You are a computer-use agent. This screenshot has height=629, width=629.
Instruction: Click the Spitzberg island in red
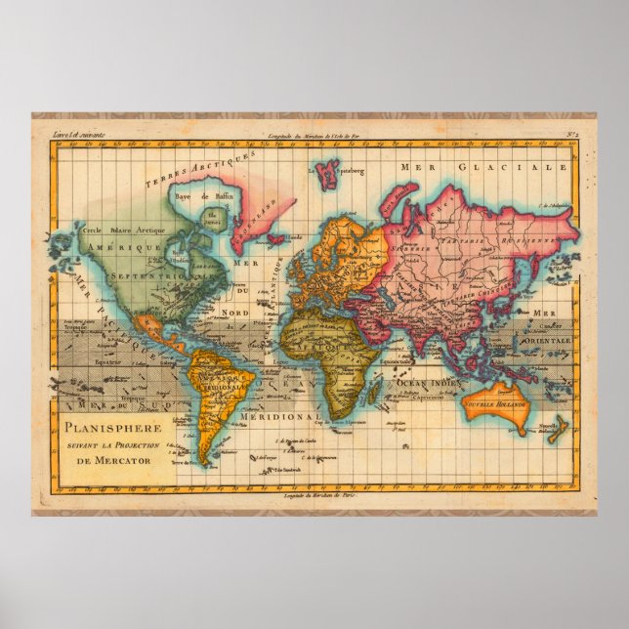(x=327, y=174)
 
